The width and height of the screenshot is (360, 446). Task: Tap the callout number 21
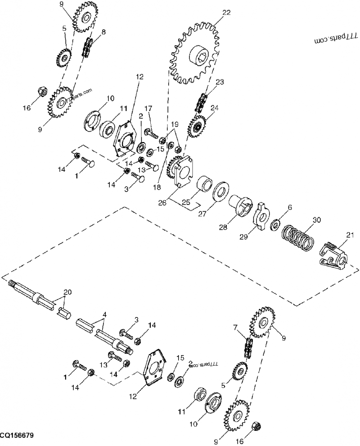(350, 234)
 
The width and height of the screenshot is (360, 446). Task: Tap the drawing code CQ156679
(17, 437)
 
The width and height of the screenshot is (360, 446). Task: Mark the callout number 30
(317, 220)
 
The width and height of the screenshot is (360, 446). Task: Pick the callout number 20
(67, 292)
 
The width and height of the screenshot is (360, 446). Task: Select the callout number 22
(226, 13)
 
